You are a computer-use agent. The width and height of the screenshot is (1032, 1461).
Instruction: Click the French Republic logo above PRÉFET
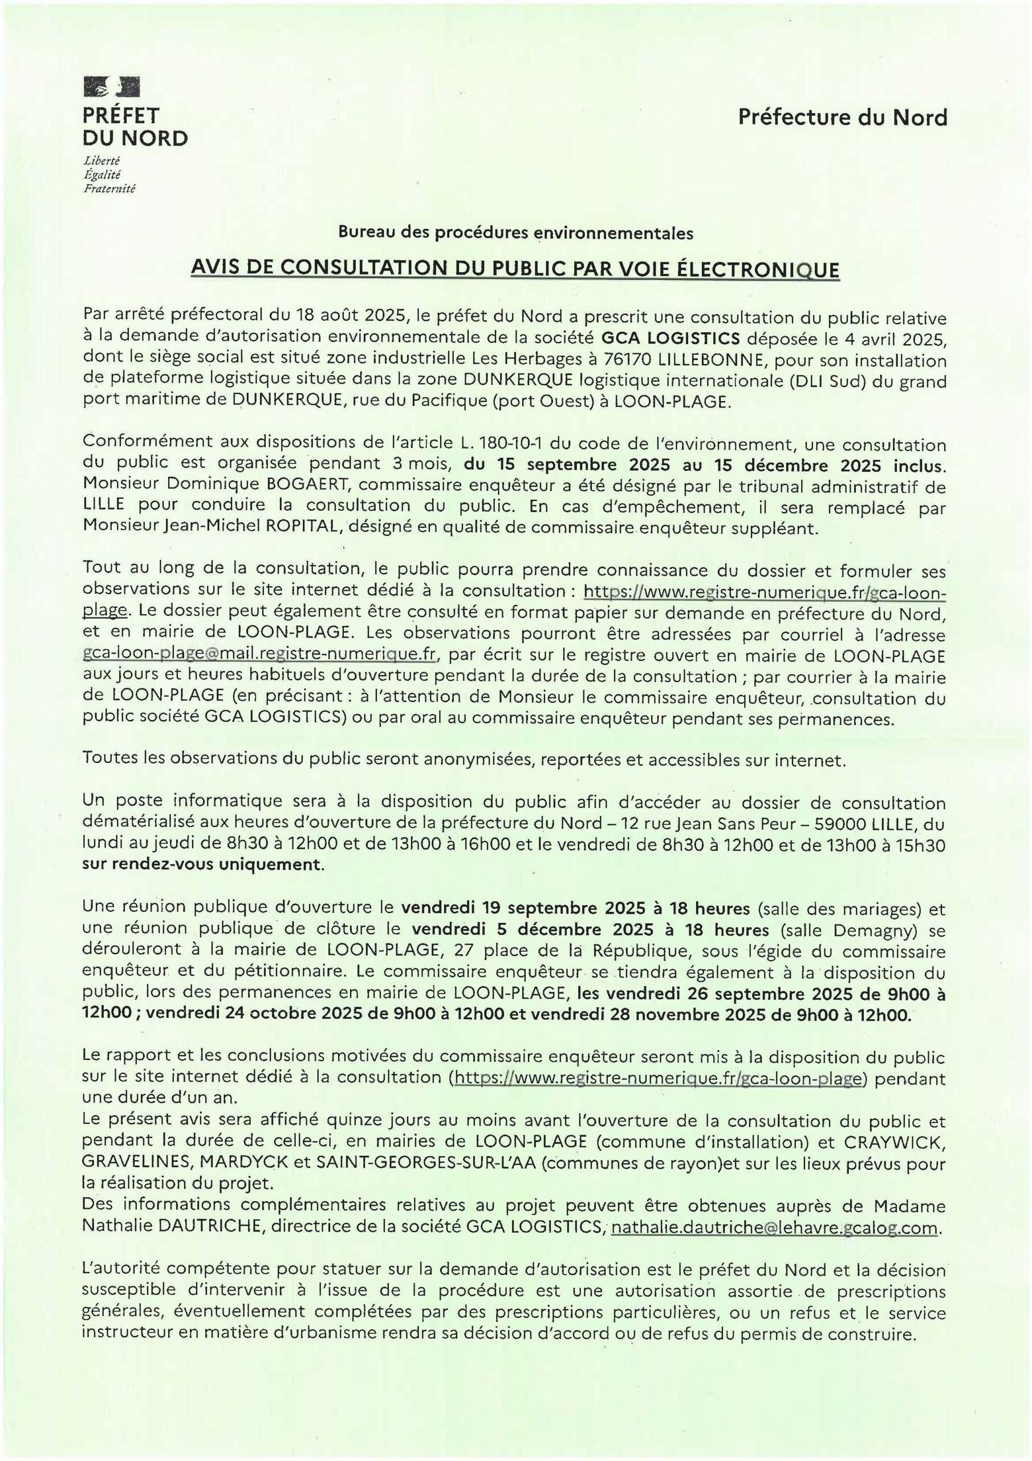(112, 87)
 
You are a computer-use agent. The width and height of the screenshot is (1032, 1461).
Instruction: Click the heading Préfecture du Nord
(842, 117)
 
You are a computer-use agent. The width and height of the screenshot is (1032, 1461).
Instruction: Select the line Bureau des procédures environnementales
(515, 233)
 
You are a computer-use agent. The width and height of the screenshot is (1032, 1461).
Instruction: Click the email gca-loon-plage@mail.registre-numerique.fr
(259, 654)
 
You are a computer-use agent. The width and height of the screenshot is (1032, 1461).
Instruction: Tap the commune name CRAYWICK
(894, 1142)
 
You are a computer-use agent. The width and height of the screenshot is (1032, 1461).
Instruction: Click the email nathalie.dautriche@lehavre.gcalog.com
(774, 1227)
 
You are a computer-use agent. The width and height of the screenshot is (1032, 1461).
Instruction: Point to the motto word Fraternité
(109, 188)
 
